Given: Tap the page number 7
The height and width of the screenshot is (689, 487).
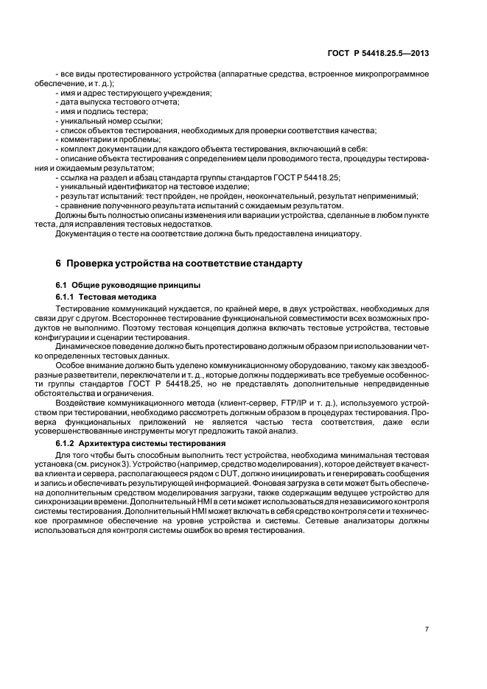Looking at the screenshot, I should pyautogui.click(x=427, y=629).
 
